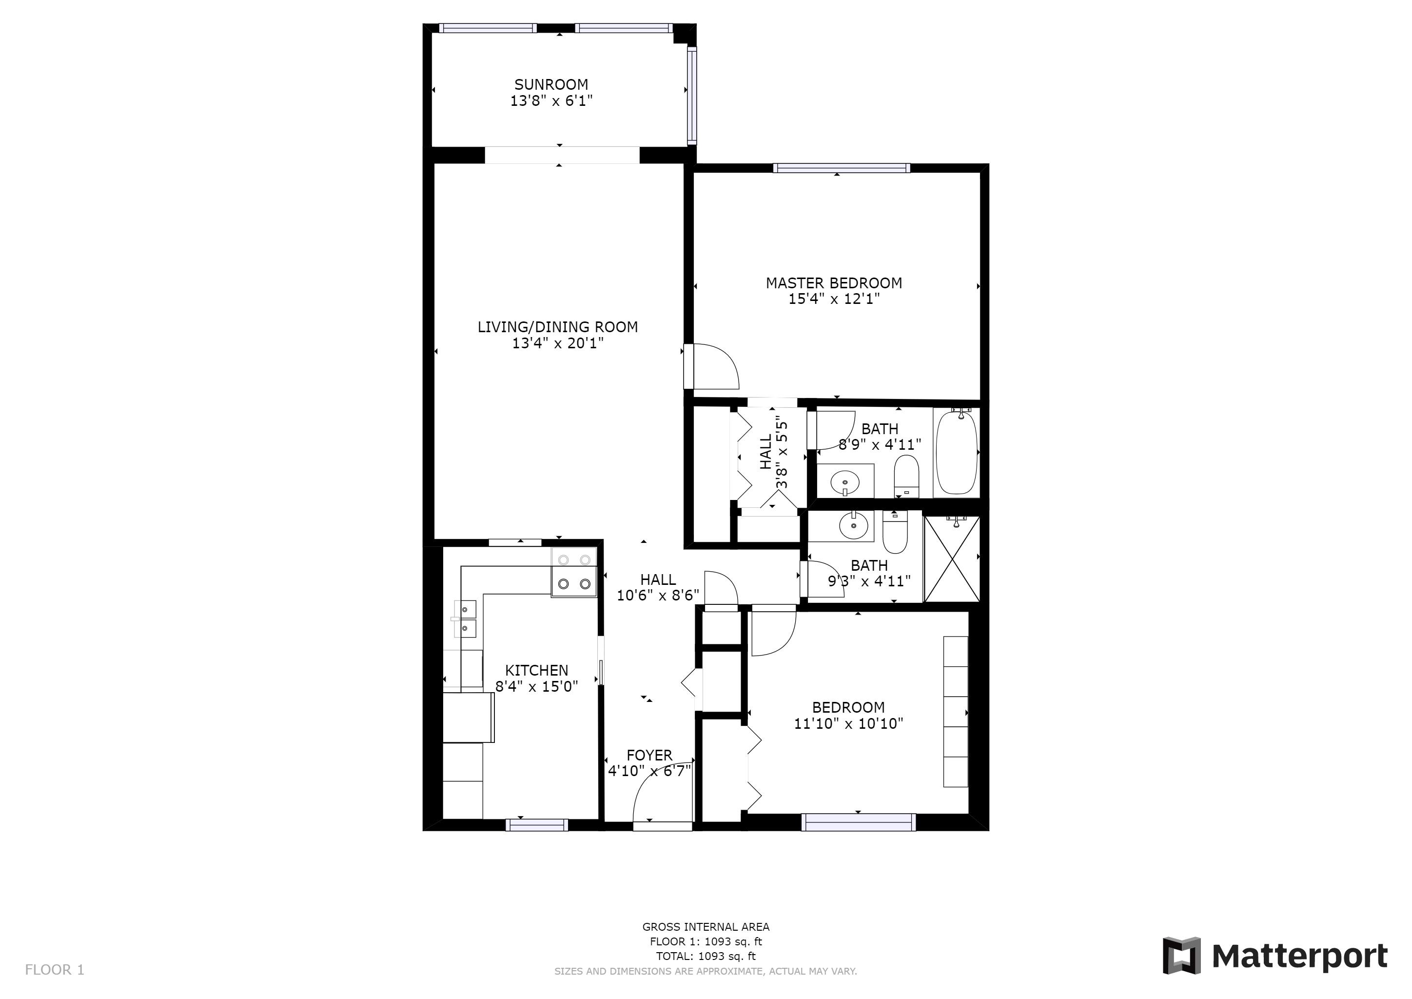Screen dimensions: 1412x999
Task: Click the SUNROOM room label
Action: (551, 84)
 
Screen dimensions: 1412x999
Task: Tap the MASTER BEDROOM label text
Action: (833, 283)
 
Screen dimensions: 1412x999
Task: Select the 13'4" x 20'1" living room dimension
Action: (558, 342)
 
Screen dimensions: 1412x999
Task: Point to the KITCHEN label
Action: (536, 670)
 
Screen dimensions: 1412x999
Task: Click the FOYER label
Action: (649, 755)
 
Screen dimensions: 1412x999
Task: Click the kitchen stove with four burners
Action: (574, 572)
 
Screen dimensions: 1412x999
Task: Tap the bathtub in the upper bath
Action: (956, 452)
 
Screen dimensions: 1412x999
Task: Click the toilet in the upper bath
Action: (906, 476)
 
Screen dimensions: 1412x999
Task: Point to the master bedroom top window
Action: (841, 168)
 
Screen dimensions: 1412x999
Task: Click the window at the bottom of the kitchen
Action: (536, 825)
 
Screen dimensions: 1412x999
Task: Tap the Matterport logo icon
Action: (1181, 955)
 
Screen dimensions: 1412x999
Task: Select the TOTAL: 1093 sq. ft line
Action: (706, 956)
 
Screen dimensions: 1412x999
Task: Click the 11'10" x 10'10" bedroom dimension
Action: (848, 723)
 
